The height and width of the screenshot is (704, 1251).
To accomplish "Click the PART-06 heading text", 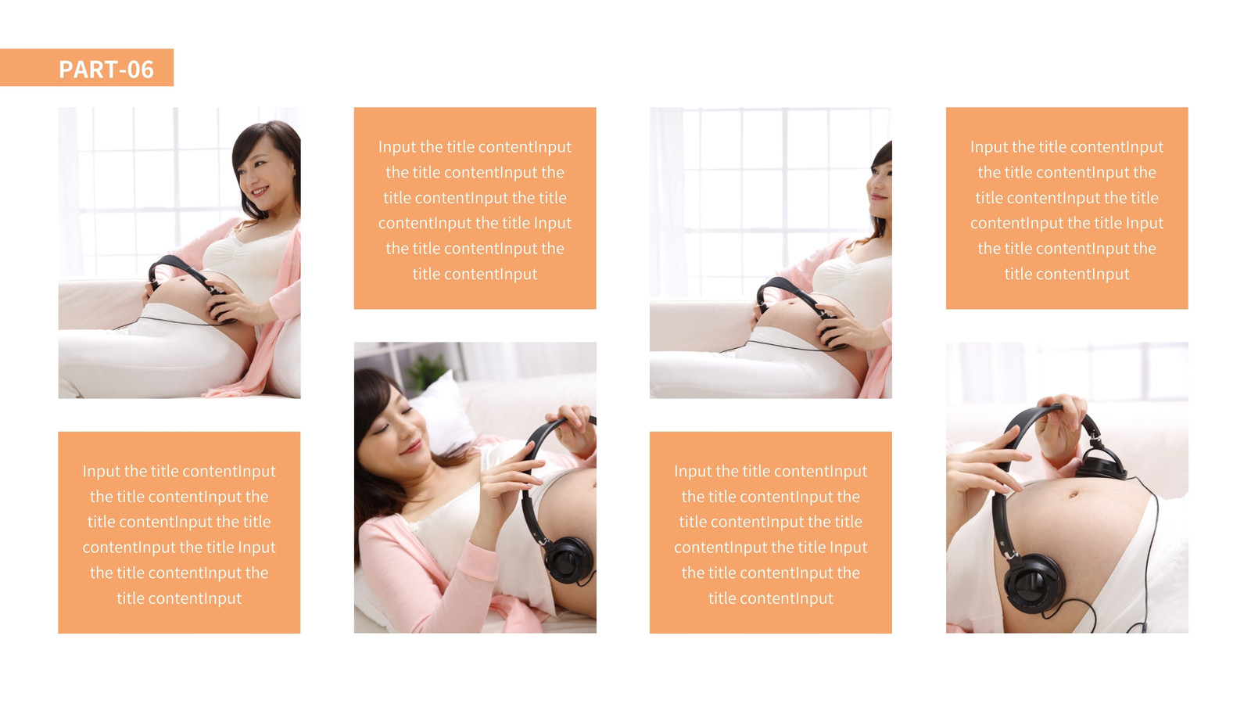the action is pyautogui.click(x=106, y=70).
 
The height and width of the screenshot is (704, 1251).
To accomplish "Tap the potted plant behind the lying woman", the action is pyautogui.click(x=428, y=371).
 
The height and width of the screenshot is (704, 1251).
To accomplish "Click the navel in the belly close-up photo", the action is pyautogui.click(x=1073, y=494).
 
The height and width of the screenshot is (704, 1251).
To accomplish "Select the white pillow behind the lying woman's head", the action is pyautogui.click(x=444, y=414).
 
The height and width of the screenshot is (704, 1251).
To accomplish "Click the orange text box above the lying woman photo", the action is pyautogui.click(x=475, y=208).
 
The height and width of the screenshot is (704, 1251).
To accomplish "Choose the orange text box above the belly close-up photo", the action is pyautogui.click(x=1066, y=208).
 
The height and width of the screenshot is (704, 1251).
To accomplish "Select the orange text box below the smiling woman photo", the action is pyautogui.click(x=179, y=532).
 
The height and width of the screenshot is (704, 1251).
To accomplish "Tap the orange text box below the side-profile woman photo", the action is pyautogui.click(x=771, y=532).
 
